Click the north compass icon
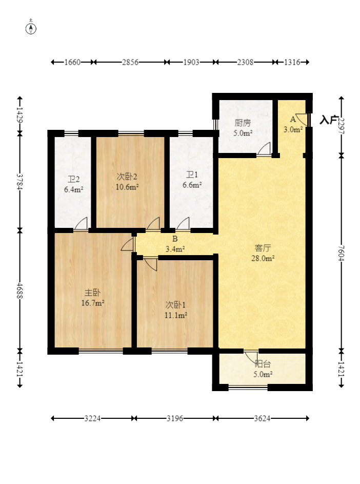pyautogui.click(x=31, y=28)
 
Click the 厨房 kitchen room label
pyautogui.click(x=243, y=123)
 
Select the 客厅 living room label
pyautogui.click(x=263, y=248)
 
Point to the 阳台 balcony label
pyautogui.click(x=263, y=364)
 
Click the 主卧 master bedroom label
pyautogui.click(x=92, y=293)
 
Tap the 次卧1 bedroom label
pyautogui.click(x=175, y=305)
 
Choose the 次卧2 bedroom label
pyautogui.click(x=127, y=177)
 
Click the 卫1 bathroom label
pyautogui.click(x=192, y=175)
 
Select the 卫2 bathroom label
pyautogui.click(x=74, y=179)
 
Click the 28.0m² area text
pyautogui.click(x=263, y=258)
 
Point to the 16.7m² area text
pyautogui.click(x=92, y=303)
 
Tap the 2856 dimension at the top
pyautogui.click(x=130, y=62)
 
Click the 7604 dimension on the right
pyautogui.click(x=341, y=253)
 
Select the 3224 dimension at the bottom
pyautogui.click(x=92, y=419)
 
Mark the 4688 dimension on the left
pyautogui.click(x=19, y=291)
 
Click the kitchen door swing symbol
pyautogui.click(x=264, y=149)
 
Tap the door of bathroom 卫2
pyautogui.click(x=81, y=224)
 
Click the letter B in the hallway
pyautogui.click(x=175, y=239)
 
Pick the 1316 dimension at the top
pyautogui.click(x=292, y=62)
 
